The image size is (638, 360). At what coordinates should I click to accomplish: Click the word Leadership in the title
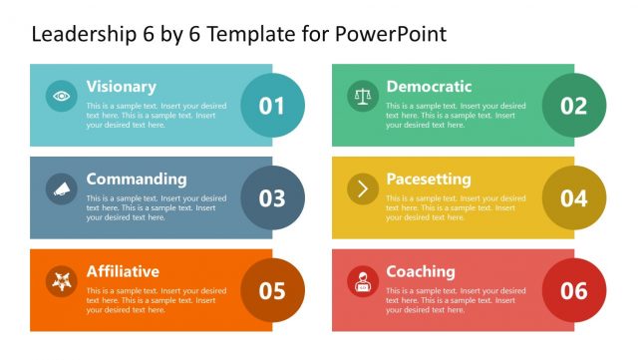click(x=84, y=34)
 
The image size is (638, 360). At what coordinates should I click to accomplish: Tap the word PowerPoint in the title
click(x=391, y=34)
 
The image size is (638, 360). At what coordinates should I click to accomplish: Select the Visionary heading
click(x=122, y=87)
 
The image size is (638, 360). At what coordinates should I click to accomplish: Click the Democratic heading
click(x=429, y=87)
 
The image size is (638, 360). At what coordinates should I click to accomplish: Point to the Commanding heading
click(x=137, y=180)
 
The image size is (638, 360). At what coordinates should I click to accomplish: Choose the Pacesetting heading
click(x=429, y=180)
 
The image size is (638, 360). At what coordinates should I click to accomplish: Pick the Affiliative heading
click(x=123, y=271)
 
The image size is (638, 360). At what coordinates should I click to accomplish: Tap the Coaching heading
click(x=421, y=272)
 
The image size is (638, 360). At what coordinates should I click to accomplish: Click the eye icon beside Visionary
click(x=62, y=96)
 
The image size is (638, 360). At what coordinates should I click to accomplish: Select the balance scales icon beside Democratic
click(x=363, y=96)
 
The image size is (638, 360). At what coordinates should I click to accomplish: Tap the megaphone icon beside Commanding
click(x=62, y=188)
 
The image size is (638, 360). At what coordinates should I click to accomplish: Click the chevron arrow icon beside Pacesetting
click(x=363, y=188)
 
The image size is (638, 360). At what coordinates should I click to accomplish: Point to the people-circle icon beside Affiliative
click(x=62, y=281)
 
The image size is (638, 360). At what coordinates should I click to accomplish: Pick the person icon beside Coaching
click(x=363, y=281)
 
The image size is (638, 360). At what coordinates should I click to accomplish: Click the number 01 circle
click(x=272, y=106)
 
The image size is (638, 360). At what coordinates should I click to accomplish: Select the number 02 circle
click(x=574, y=106)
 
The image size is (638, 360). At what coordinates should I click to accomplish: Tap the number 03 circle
click(x=272, y=197)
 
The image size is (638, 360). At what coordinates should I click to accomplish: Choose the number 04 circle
click(x=574, y=197)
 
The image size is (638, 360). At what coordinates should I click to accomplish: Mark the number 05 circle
click(x=272, y=290)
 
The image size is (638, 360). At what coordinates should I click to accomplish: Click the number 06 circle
click(x=574, y=290)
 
